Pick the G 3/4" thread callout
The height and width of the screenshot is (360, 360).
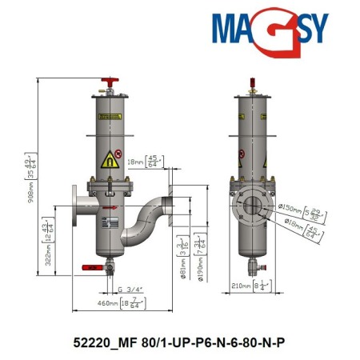130,289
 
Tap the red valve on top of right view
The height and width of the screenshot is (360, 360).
254,83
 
